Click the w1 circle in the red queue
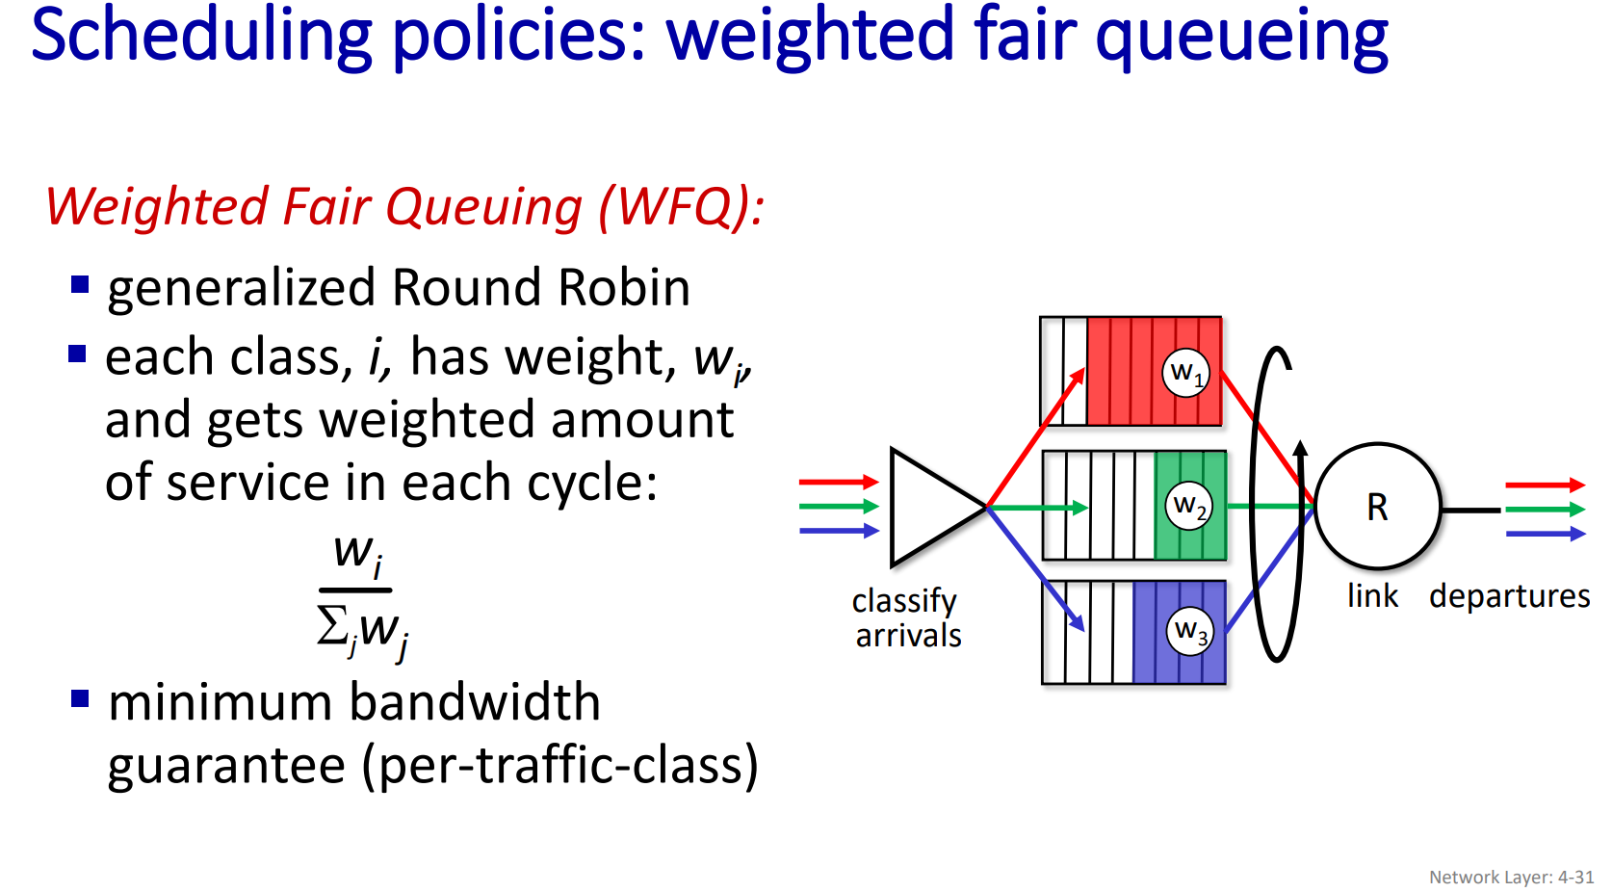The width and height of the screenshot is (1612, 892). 1185,372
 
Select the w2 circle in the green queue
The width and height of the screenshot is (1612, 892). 1189,506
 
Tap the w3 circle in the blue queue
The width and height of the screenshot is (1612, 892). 1190,631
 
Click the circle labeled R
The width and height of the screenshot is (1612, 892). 1377,507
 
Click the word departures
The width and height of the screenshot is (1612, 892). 1509,596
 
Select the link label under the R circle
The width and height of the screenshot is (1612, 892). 1372,596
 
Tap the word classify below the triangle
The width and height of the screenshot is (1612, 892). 903,601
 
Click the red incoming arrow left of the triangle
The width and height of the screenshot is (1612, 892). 838,482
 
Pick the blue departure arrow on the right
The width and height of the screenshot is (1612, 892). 1545,533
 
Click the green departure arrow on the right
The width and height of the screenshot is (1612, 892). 1545,509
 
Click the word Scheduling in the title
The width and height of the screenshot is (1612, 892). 201,37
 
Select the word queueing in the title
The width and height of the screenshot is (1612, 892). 1241,37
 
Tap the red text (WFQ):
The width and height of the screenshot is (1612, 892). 681,207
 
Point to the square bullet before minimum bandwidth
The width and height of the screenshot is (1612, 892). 80,698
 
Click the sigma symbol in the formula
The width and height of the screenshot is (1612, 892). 332,626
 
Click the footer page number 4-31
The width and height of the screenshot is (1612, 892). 1575,878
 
